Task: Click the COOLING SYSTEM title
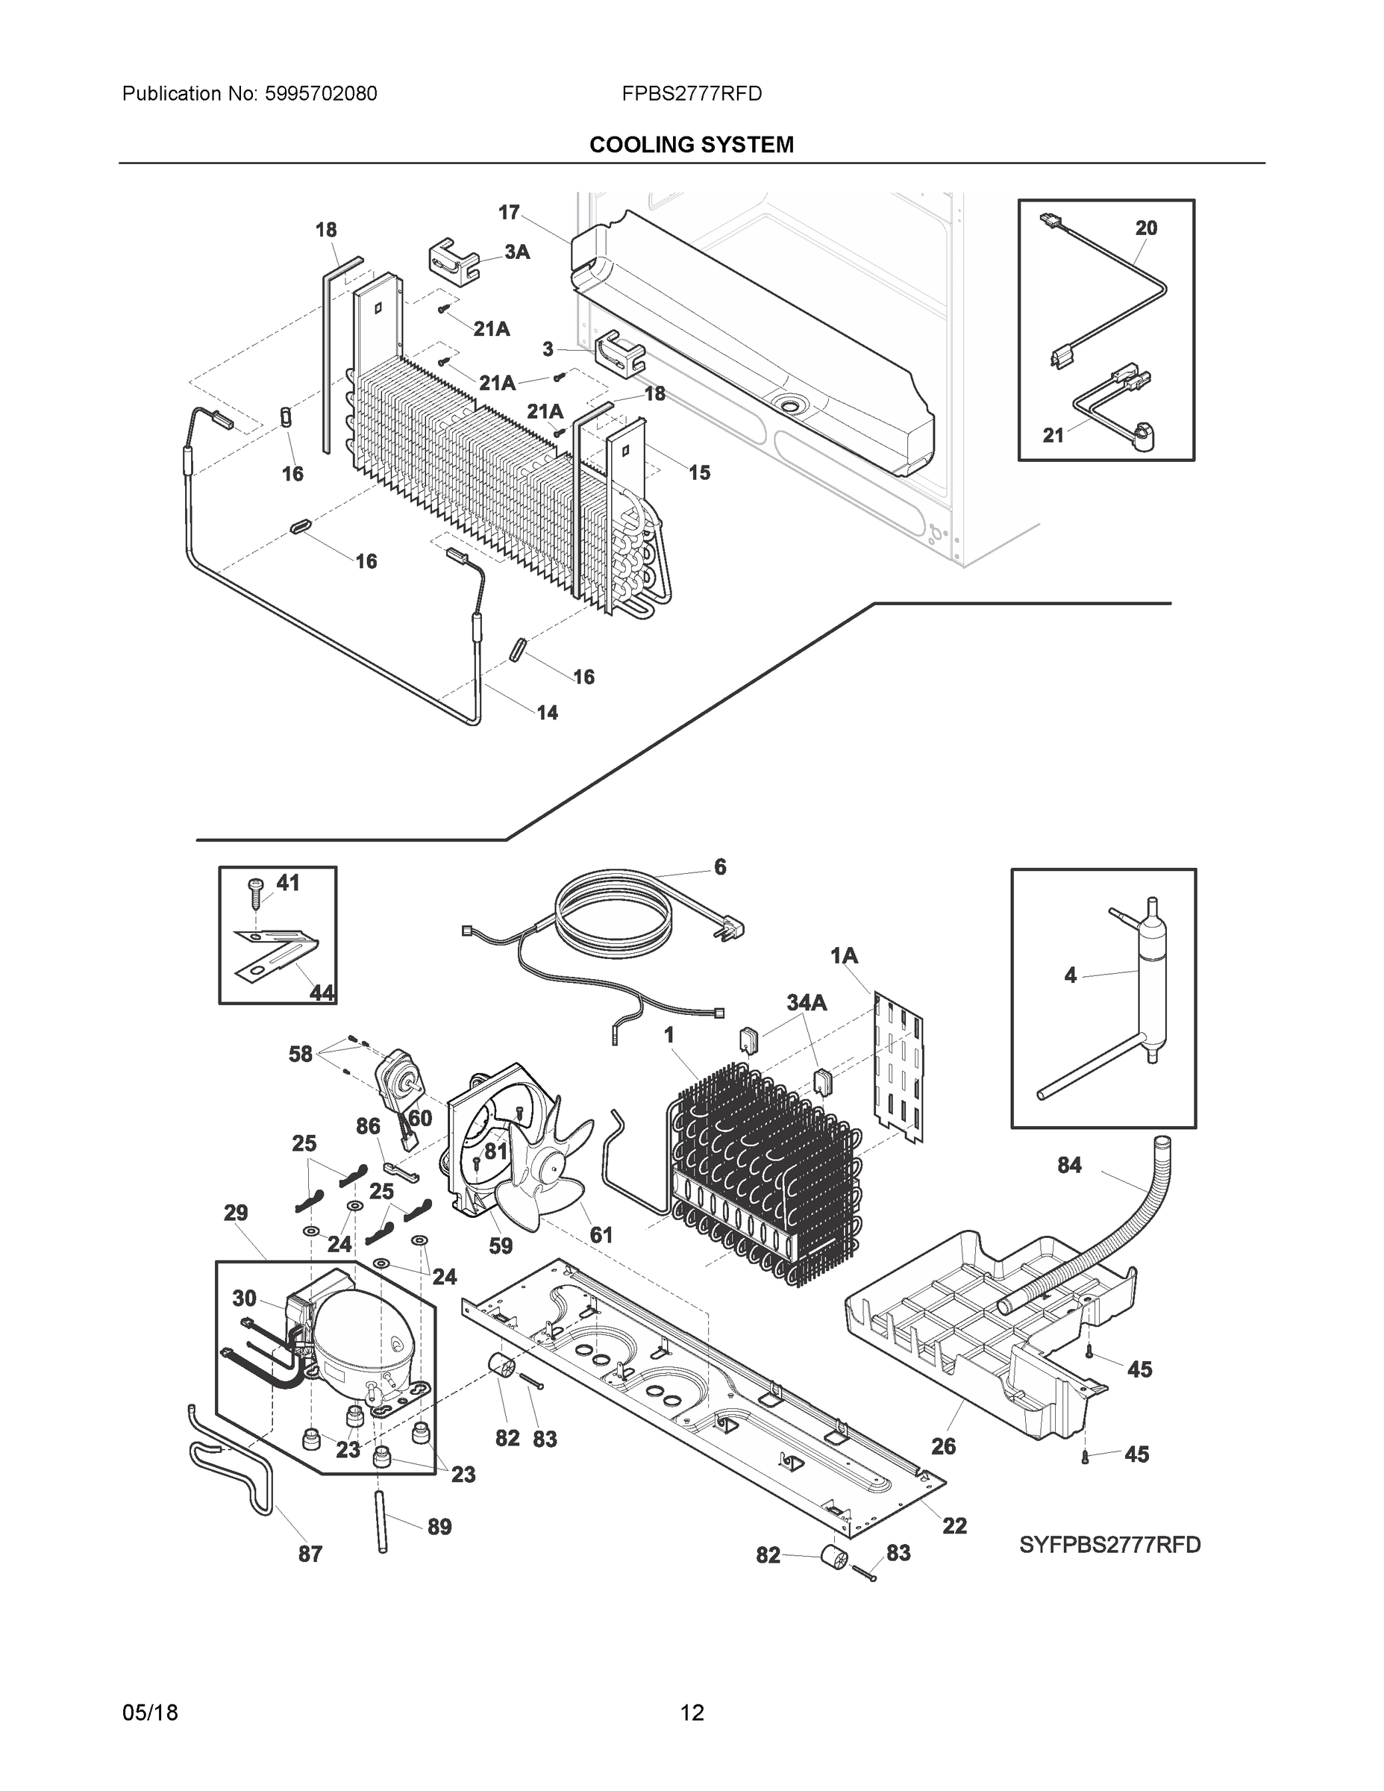pos(691,146)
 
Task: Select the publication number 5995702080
pos(321,94)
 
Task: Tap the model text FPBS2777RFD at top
pos(691,94)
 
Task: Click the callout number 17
pos(509,213)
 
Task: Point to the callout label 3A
pos(516,251)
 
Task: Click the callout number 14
pos(547,713)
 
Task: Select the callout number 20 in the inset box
pos(1145,228)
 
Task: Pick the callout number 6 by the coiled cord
pos(720,867)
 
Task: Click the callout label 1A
pos(844,955)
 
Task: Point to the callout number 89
pos(439,1526)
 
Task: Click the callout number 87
pos(310,1553)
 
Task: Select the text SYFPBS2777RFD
pos(1109,1545)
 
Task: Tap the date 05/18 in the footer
pos(150,1713)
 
